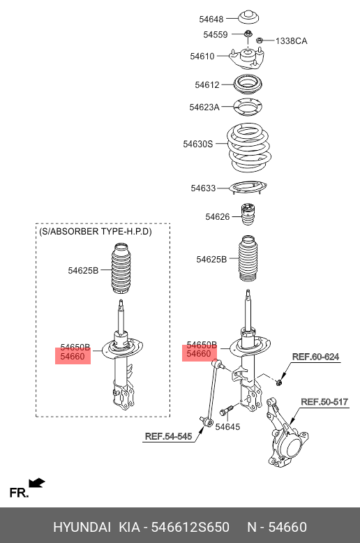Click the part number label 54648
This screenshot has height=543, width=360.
coord(212,19)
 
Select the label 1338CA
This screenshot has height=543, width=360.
coord(291,41)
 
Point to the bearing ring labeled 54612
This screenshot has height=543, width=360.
coord(250,84)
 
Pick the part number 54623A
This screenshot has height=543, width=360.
coord(204,107)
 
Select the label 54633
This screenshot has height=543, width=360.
coord(204,188)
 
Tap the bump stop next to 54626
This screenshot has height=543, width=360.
coord(248,216)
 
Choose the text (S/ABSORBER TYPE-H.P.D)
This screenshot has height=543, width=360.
coord(96,231)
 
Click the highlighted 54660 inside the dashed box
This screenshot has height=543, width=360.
coord(73,357)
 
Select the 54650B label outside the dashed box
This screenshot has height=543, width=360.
coord(201,345)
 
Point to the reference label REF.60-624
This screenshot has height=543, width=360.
coord(315,357)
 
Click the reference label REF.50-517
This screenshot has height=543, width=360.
coord(324,401)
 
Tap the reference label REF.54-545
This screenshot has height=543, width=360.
coord(168,436)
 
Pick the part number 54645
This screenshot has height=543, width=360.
coord(227,426)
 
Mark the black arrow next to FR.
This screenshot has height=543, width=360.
coord(37,483)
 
